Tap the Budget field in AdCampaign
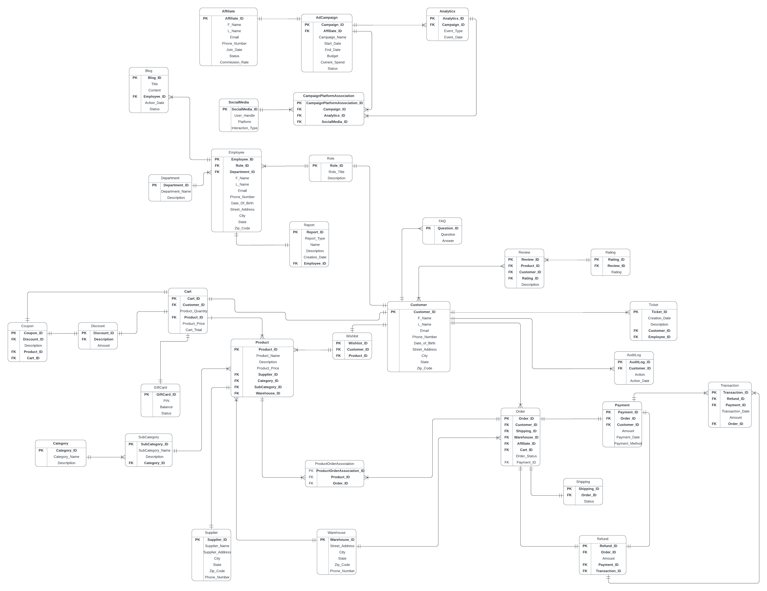click(x=332, y=56)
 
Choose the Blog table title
click(x=149, y=71)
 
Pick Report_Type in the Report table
click(x=315, y=238)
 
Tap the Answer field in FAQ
click(x=448, y=241)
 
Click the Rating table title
click(x=610, y=252)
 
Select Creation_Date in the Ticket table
click(x=659, y=318)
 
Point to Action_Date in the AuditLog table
click(x=639, y=381)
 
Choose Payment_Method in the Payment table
click(x=627, y=443)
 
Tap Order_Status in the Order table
click(x=526, y=456)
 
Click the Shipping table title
click(x=583, y=482)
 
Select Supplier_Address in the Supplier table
click(x=217, y=552)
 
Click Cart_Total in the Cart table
click(x=194, y=330)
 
